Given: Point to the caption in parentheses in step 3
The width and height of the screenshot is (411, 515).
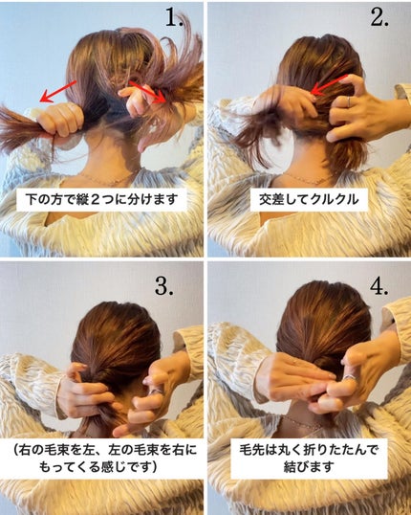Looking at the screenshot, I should pyautogui.click(x=101, y=457).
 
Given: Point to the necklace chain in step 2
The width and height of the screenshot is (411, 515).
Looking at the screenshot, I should pyautogui.click(x=308, y=177).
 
